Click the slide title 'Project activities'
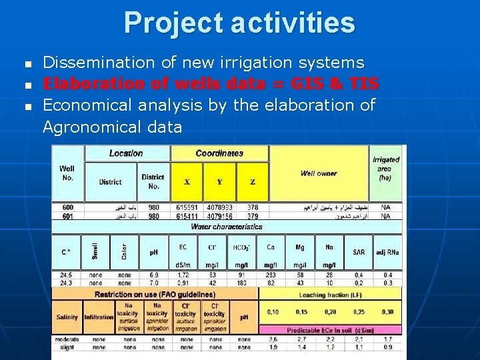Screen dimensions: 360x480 pos(239,23)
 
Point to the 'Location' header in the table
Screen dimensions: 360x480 pos(126,153)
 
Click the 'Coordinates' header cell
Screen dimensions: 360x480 pos(219,153)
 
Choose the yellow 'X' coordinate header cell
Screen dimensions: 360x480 pos(187,181)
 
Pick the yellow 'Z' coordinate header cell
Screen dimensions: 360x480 pos(253,181)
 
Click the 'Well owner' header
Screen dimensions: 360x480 pos(319,173)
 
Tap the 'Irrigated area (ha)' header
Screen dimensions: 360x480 pos(385,169)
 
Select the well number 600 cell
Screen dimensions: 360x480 pos(67,207)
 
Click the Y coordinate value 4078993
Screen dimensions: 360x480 pos(219,207)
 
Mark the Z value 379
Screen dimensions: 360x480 pos(253,216)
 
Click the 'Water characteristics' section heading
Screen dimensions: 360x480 pos(227,227)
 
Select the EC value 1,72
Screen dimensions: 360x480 pos(183,274)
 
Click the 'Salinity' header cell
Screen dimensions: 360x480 pos(67,317)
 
